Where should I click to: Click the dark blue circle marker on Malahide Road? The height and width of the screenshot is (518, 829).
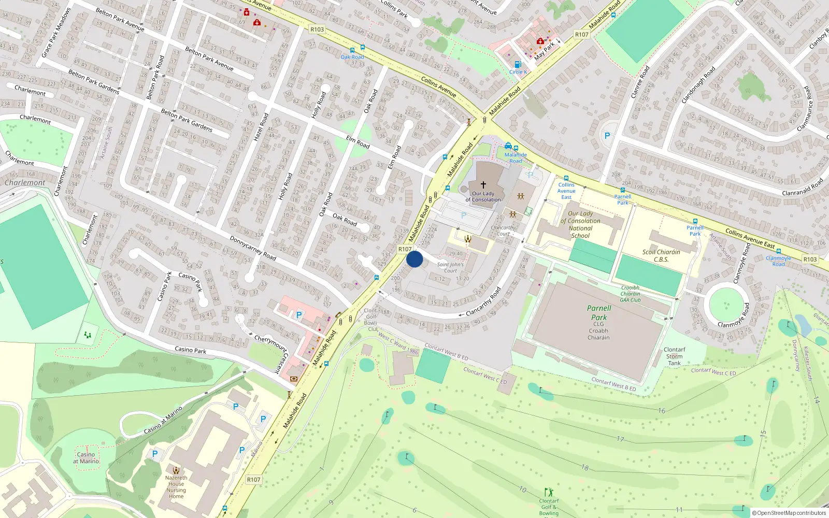pyautogui.click(x=414, y=259)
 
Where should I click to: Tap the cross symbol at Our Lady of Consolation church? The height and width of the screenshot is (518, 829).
pyautogui.click(x=483, y=184)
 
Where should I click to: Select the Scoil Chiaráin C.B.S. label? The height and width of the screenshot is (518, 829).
pyautogui.click(x=661, y=256)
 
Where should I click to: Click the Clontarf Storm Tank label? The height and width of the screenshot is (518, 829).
pyautogui.click(x=674, y=356)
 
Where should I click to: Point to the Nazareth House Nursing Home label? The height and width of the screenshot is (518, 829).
pyautogui.click(x=176, y=487)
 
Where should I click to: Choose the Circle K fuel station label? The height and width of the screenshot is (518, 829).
pyautogui.click(x=518, y=72)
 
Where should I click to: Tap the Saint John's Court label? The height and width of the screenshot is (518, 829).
pyautogui.click(x=450, y=267)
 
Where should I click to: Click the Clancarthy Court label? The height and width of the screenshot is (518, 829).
pyautogui.click(x=503, y=231)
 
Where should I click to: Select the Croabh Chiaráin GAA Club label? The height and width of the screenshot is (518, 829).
pyautogui.click(x=631, y=294)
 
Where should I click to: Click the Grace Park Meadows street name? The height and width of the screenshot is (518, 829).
pyautogui.click(x=56, y=33)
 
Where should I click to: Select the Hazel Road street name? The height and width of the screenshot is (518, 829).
pyautogui.click(x=261, y=127)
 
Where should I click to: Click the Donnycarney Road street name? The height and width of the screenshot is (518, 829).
pyautogui.click(x=253, y=248)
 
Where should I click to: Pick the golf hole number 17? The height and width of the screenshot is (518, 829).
pyautogui.click(x=620, y=439)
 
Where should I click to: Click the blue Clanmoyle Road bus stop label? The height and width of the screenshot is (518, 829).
pyautogui.click(x=778, y=261)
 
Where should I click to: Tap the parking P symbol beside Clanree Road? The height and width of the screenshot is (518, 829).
pyautogui.click(x=607, y=136)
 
